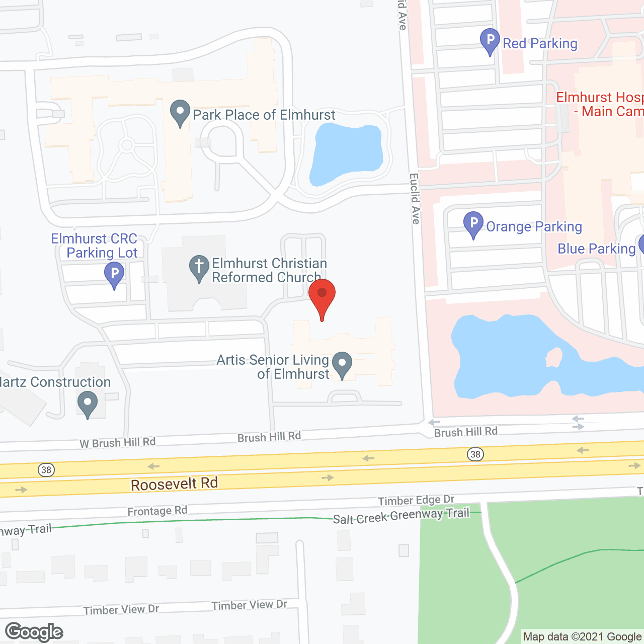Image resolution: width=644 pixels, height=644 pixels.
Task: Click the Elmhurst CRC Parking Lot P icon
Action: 114,275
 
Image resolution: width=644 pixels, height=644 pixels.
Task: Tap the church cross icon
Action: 199,267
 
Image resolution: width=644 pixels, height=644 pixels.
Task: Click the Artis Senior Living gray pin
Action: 342,364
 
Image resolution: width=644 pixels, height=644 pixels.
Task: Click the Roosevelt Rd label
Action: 174,484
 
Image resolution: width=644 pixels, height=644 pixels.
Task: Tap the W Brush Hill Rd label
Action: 117,442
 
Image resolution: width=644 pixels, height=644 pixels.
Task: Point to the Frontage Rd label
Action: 157,511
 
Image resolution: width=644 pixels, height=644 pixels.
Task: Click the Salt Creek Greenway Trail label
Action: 401,516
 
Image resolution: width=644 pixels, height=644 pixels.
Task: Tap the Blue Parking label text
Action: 596,249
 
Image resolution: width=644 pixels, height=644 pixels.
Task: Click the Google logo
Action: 34,632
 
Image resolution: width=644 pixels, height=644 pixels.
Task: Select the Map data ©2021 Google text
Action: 582,636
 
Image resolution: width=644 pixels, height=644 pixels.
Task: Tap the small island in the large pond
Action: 553,357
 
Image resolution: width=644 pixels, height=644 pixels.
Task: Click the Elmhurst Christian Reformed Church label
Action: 269,270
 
